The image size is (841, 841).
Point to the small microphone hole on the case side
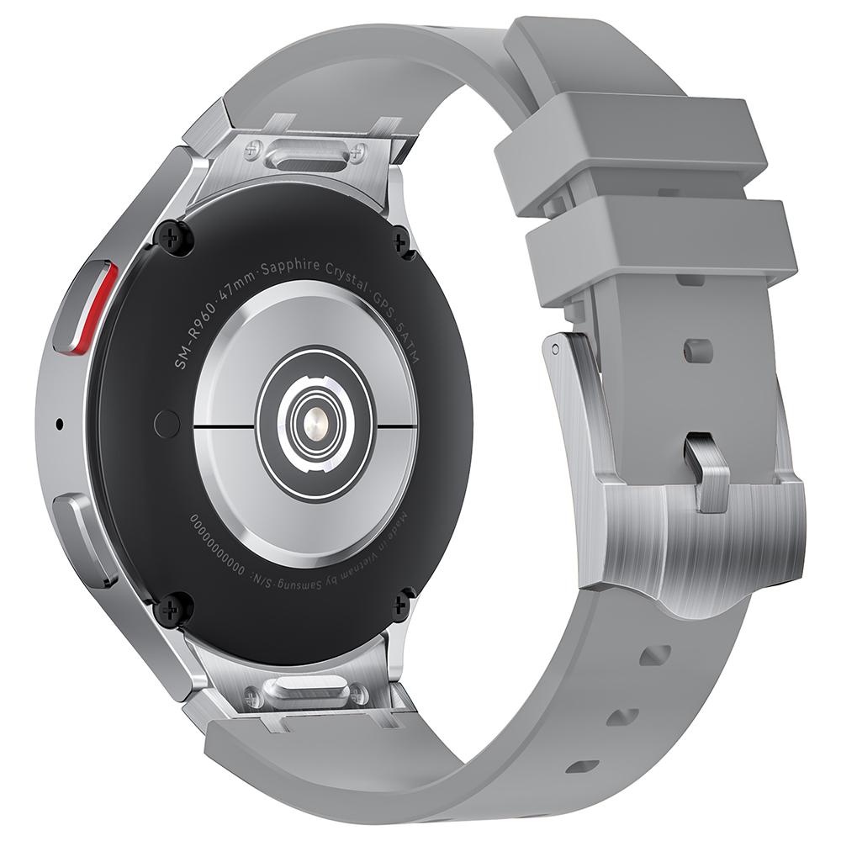(59, 423)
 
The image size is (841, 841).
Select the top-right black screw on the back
(402, 242)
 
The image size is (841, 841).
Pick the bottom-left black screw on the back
(176, 606)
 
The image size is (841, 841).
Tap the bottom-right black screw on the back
(402, 603)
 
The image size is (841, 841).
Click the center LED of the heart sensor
(315, 420)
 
